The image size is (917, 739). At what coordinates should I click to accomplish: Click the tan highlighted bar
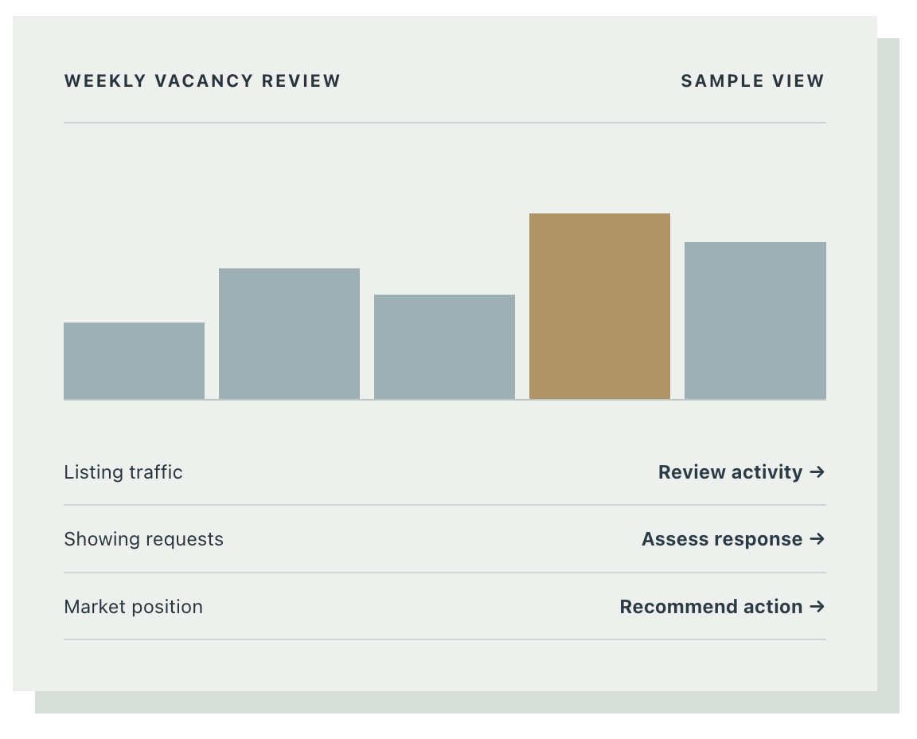[x=599, y=306]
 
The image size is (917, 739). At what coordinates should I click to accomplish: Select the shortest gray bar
[x=134, y=361]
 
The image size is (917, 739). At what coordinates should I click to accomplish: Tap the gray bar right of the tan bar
[x=755, y=321]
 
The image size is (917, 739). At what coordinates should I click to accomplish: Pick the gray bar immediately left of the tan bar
[x=444, y=347]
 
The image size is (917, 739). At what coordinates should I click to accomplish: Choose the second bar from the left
[x=290, y=334]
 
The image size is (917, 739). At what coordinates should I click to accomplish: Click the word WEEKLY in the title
[x=105, y=80]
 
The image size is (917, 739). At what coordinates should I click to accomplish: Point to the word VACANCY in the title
[x=204, y=80]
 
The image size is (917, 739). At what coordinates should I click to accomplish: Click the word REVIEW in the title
[x=301, y=80]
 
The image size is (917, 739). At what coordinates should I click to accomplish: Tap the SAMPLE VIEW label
[x=753, y=80]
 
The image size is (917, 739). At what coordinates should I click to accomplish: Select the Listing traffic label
[x=123, y=472]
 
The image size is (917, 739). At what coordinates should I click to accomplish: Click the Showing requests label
[x=143, y=539]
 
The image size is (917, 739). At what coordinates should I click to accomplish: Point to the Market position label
[x=134, y=607]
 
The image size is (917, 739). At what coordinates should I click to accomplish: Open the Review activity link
[x=731, y=472]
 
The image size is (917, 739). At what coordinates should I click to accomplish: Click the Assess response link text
[x=722, y=539]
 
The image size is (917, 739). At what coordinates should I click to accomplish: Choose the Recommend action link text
[x=711, y=607]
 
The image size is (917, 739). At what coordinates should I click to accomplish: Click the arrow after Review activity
[x=817, y=471]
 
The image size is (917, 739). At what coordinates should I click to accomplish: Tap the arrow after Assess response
[x=817, y=538]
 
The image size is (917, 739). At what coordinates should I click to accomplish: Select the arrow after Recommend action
[x=817, y=606]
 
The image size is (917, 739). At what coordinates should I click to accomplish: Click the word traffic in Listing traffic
[x=155, y=472]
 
